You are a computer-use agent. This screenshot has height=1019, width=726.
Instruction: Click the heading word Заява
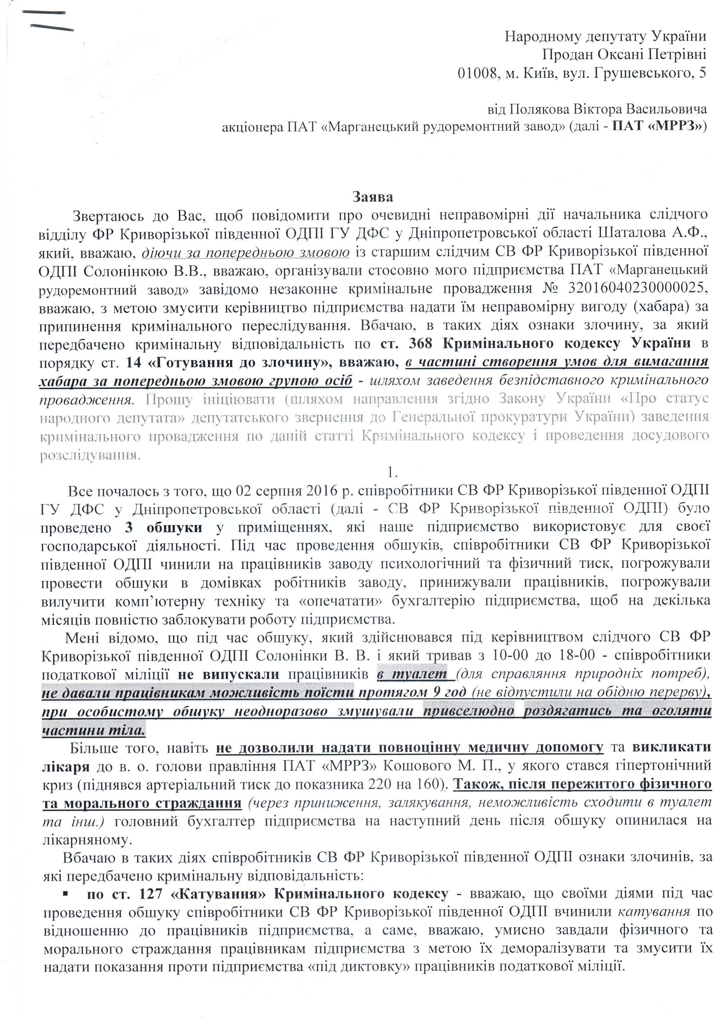[372, 197]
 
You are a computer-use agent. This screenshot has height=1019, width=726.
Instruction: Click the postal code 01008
[476, 73]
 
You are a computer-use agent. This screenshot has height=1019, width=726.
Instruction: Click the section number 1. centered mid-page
[392, 472]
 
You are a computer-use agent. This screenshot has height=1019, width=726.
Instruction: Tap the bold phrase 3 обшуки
[164, 527]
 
